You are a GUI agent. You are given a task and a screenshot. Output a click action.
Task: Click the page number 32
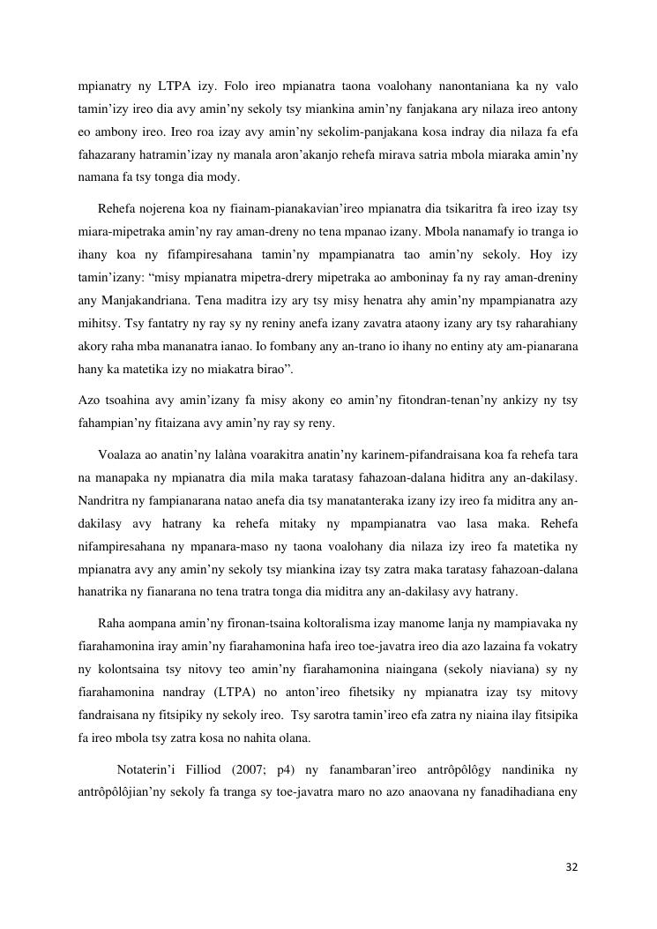pos(571,867)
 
